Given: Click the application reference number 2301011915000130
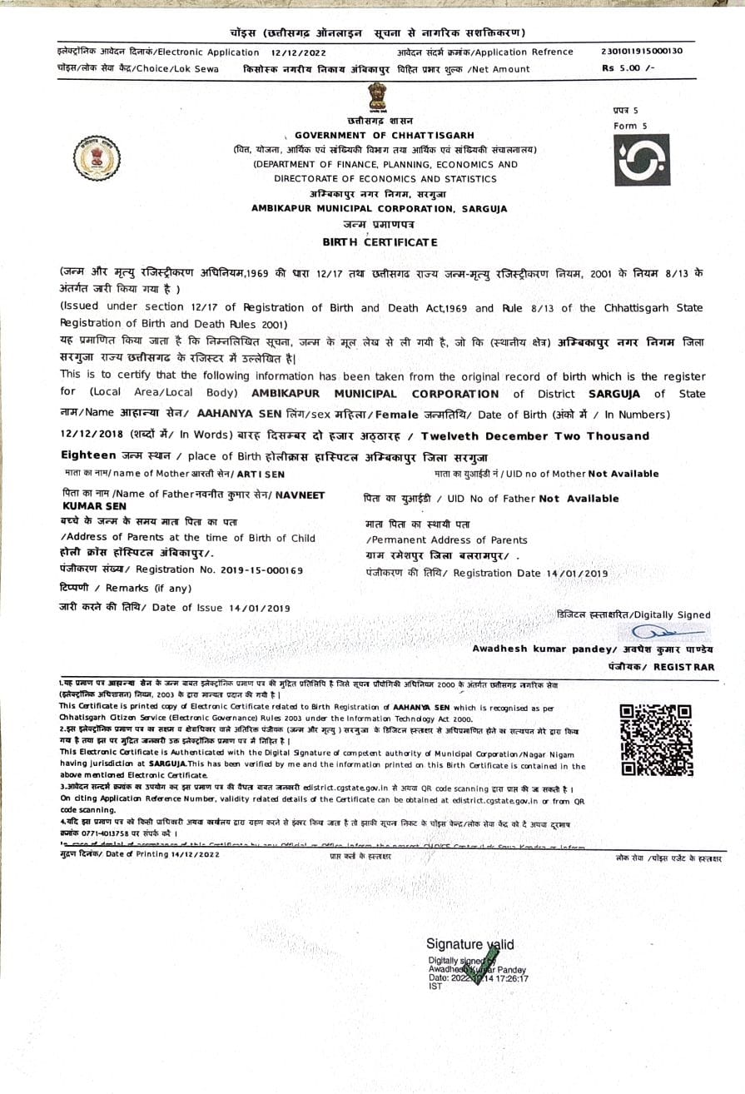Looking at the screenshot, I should (x=641, y=51).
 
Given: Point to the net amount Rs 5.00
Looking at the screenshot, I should (x=628, y=68).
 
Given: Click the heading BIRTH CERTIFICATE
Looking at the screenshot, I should (x=380, y=241).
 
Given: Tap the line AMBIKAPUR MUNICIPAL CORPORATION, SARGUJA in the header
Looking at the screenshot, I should (x=380, y=209).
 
